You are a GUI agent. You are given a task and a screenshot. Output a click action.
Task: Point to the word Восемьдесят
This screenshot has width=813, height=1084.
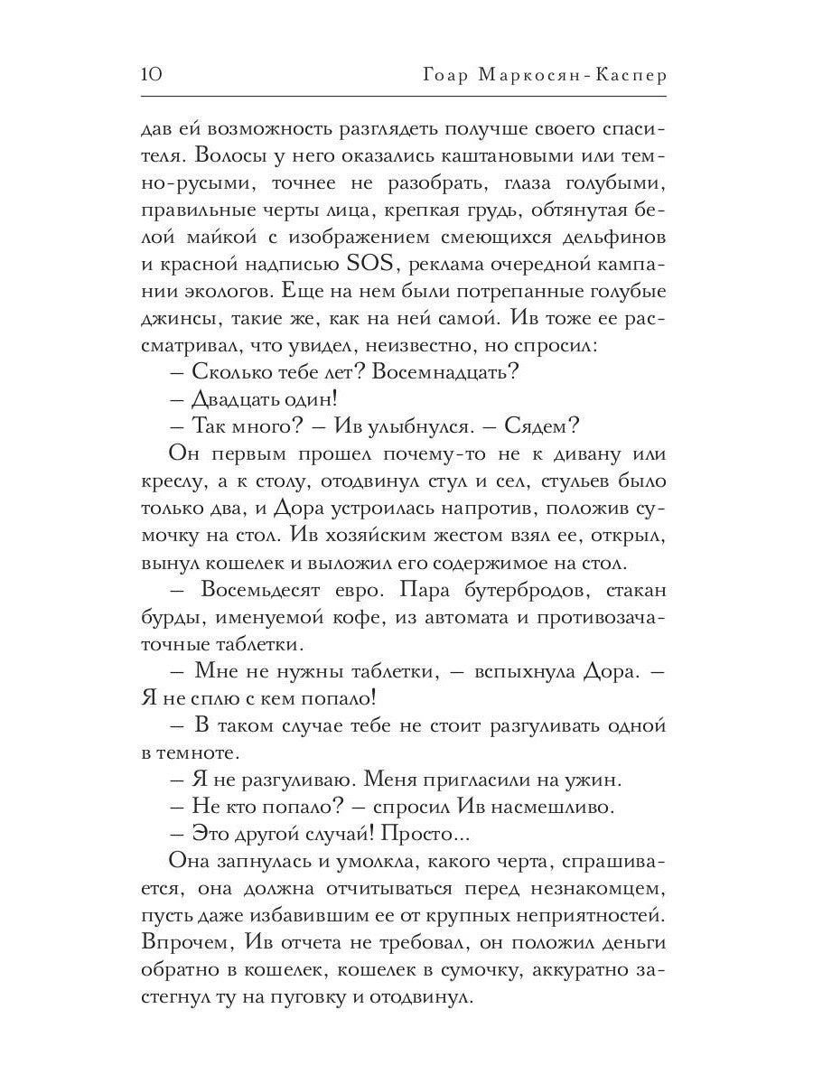pos(274,592)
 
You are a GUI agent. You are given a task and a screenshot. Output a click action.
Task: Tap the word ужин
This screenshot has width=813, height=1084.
pos(589,779)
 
